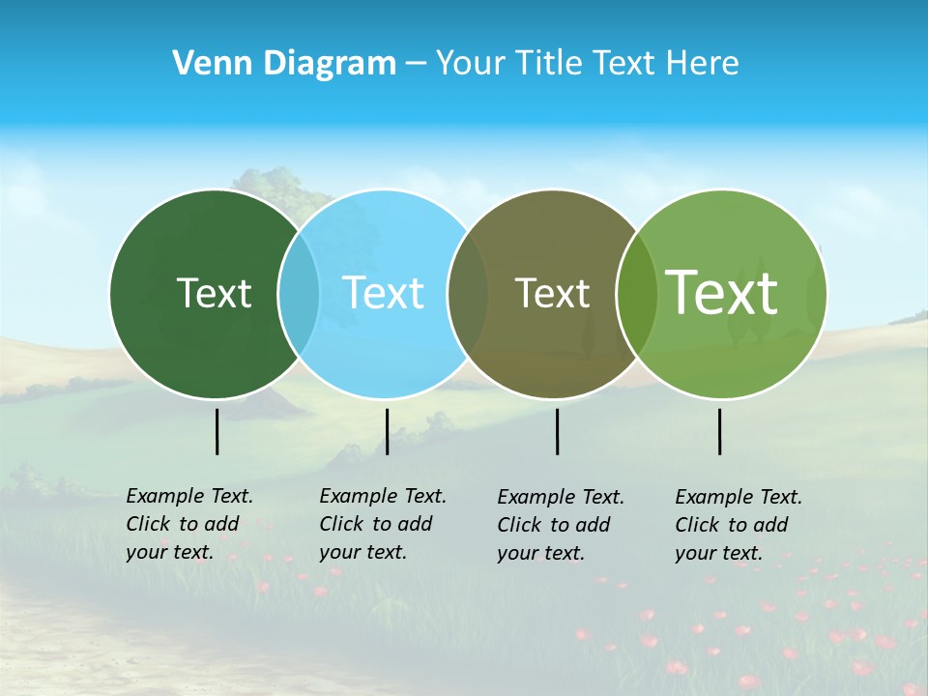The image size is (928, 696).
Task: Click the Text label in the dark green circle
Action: click(x=214, y=293)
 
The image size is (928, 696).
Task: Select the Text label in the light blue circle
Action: click(x=383, y=293)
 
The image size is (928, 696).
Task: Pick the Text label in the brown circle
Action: click(x=552, y=293)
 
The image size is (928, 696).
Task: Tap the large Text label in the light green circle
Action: click(x=721, y=292)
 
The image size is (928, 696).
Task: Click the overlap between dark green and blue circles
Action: click(x=299, y=293)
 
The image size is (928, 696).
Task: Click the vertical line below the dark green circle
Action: click(x=217, y=431)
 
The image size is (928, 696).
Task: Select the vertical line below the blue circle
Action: click(x=387, y=431)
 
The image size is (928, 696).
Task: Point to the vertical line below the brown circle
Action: click(x=557, y=431)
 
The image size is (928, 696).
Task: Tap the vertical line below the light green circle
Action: click(x=719, y=431)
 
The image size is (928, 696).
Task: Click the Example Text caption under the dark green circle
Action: click(x=189, y=524)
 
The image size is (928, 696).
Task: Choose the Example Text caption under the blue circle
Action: click(x=383, y=524)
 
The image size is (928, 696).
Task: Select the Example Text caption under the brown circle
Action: click(x=561, y=525)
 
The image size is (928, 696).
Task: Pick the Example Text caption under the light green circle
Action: click(x=739, y=525)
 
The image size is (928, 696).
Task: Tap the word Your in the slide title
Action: click(x=469, y=64)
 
